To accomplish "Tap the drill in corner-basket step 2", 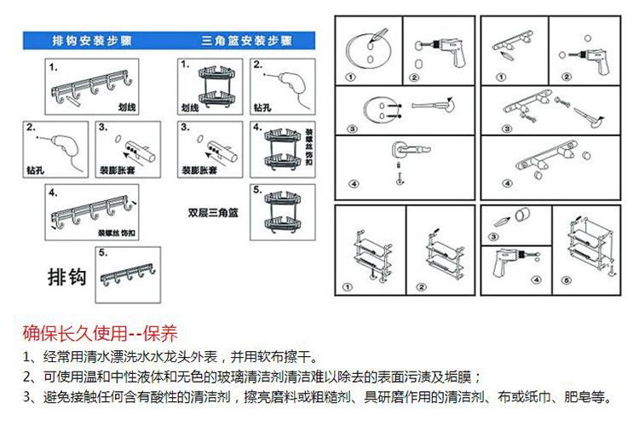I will pyautogui.click(x=280, y=85).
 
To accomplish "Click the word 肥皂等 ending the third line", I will pyautogui.click(x=593, y=396).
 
